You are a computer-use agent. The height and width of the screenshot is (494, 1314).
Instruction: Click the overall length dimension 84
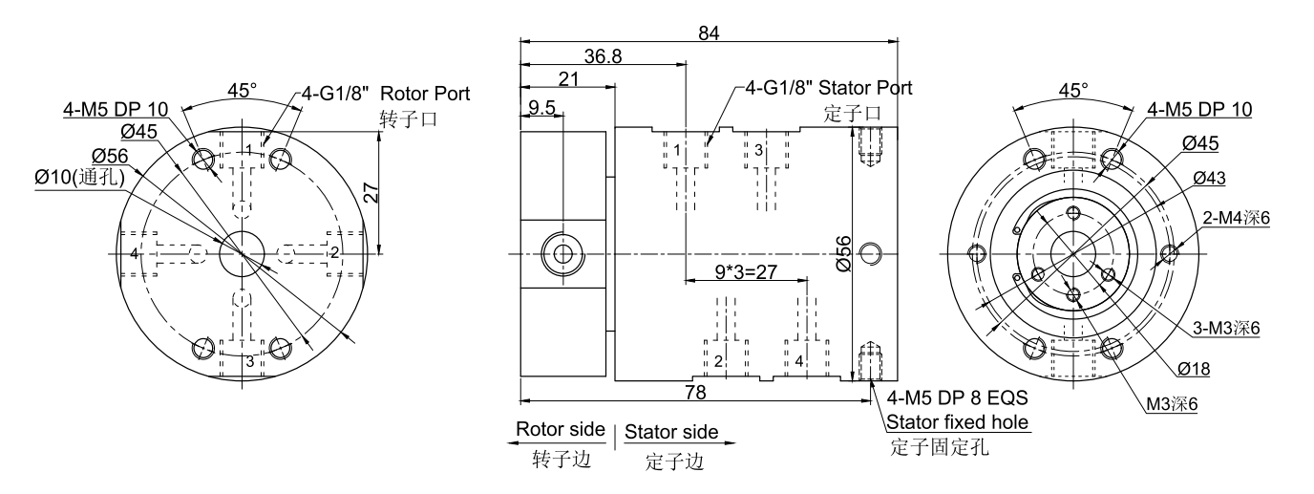coord(709,32)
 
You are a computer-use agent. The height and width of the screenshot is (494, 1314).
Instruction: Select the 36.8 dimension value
coord(603,57)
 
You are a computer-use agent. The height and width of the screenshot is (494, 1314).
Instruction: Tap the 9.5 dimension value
coord(540,108)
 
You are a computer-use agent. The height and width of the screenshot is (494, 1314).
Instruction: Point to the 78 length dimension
coord(696,392)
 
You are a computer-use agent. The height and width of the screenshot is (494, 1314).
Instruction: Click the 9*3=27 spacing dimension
coord(746,270)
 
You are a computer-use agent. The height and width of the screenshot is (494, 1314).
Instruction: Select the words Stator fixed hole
coord(957,421)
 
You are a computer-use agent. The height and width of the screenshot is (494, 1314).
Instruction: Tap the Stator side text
coord(671,432)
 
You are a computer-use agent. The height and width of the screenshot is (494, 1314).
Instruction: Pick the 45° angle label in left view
coord(243,91)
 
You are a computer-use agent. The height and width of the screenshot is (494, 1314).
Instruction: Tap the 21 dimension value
coord(567,81)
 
